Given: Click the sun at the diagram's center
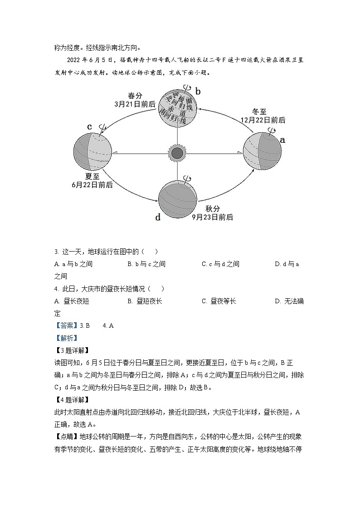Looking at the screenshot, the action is (x=177, y=153).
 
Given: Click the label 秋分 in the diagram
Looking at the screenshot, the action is (x=212, y=208).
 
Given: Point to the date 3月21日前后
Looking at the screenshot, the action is (x=135, y=104).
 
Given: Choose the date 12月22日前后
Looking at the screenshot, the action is (x=263, y=120).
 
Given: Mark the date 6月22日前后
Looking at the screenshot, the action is (x=92, y=185).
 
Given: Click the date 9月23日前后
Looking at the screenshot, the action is (x=212, y=217).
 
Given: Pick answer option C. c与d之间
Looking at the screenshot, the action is (x=220, y=264).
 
